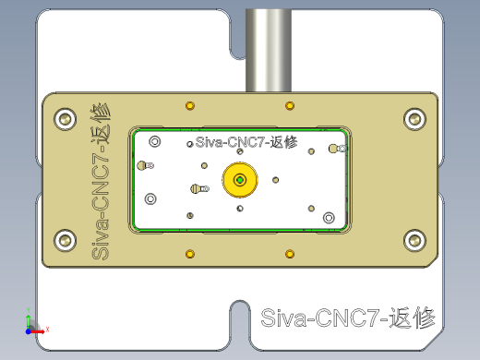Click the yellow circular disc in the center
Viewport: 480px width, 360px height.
[240, 180]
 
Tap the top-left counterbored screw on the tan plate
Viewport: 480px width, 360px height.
[65, 118]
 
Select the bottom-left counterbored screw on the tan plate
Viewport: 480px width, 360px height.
[65, 241]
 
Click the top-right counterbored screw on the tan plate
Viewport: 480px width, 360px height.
[414, 118]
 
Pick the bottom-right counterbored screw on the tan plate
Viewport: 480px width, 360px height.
[414, 241]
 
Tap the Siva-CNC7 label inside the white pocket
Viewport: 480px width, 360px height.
[246, 143]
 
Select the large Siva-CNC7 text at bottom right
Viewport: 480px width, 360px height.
[348, 319]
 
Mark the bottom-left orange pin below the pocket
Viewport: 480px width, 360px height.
[190, 253]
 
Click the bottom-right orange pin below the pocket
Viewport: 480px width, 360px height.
[290, 253]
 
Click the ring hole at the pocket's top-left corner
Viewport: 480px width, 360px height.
[154, 141]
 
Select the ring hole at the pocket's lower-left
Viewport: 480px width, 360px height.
[150, 198]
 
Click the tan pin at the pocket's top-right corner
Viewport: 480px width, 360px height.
[333, 149]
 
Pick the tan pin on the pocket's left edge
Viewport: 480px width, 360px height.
[142, 165]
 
